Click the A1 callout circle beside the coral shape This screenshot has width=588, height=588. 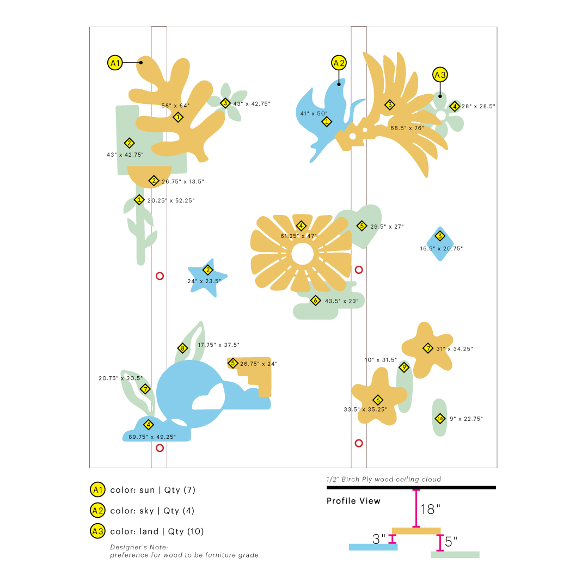pyautogui.click(x=115, y=63)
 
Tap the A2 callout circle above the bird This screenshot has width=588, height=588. pyautogui.click(x=339, y=63)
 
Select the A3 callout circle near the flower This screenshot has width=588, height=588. pyautogui.click(x=440, y=75)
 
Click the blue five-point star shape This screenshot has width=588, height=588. pyautogui.click(x=207, y=278)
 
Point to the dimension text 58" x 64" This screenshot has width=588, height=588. pyautogui.click(x=175, y=106)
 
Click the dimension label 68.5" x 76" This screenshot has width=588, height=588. pyautogui.click(x=407, y=128)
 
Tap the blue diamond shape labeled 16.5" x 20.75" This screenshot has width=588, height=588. pyautogui.click(x=440, y=244)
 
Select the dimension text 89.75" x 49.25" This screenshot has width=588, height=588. pyautogui.click(x=152, y=437)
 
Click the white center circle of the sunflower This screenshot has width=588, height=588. pyautogui.click(x=302, y=254)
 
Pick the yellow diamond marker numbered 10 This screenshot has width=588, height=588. pyautogui.click(x=440, y=419)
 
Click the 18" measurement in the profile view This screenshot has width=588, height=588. pyautogui.click(x=430, y=509)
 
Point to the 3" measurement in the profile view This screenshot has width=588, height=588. pyautogui.click(x=379, y=539)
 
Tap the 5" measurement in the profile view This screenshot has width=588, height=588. pyautogui.click(x=451, y=542)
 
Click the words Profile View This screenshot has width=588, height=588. pyautogui.click(x=353, y=501)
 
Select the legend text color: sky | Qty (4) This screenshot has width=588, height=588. pyautogui.click(x=152, y=511)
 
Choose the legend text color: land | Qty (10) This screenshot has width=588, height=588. pyautogui.click(x=157, y=531)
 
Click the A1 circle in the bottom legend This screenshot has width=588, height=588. pyautogui.click(x=98, y=490)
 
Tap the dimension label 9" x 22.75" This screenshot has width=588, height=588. pyautogui.click(x=466, y=419)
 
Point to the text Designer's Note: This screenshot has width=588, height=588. pyautogui.click(x=139, y=547)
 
